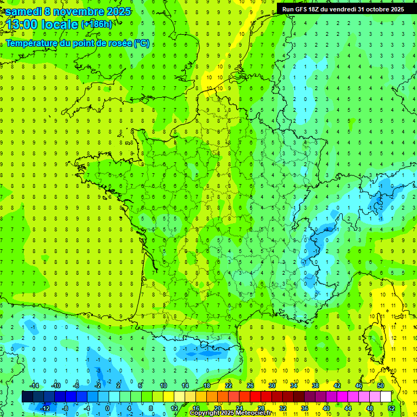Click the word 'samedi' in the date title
tap(24, 11)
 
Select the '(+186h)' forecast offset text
tap(97, 24)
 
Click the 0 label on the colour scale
tap(107, 408)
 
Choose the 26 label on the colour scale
tap(250, 386)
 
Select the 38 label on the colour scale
tap(315, 386)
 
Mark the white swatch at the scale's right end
tap(386, 397)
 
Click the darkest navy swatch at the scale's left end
tap(27, 397)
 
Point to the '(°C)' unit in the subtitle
tap(142, 43)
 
